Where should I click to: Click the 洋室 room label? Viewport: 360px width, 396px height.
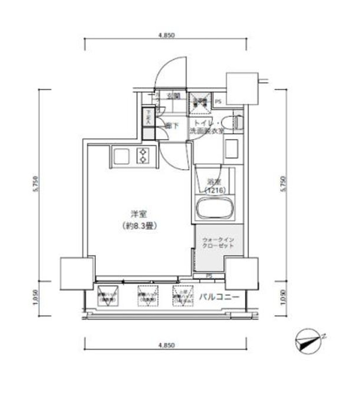point(138,214)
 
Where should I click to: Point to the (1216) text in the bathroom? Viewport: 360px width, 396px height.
point(216,190)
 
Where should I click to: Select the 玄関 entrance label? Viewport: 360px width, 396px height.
point(174,96)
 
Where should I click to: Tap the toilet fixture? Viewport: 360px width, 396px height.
point(235,123)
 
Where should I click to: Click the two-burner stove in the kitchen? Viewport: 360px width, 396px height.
point(144,156)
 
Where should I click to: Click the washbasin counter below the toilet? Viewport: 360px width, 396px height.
point(232,147)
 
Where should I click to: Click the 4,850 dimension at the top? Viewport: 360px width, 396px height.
point(166,35)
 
